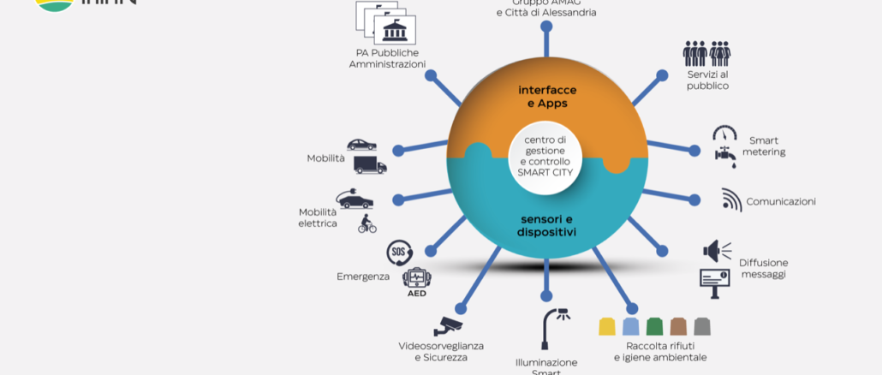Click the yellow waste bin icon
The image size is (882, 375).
(x=607, y=326)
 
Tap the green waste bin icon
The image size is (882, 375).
(x=655, y=326)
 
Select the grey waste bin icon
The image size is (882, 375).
(x=702, y=326)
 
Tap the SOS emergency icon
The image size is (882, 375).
(x=398, y=252)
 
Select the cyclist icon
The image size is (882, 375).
(x=367, y=224)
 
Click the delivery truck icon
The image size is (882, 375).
(x=370, y=165)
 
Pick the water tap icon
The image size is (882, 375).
(x=726, y=155)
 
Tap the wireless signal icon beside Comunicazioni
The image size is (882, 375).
(x=730, y=200)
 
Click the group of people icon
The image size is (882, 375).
(x=706, y=54)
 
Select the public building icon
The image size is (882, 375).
(x=395, y=33)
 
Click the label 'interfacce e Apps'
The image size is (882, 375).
(x=547, y=96)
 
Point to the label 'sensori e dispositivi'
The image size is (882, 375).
(x=547, y=225)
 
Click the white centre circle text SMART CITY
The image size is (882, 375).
(x=545, y=170)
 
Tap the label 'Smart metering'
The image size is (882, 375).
(x=764, y=146)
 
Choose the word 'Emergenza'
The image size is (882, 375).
(x=363, y=277)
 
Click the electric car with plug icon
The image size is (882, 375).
(x=355, y=199)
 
